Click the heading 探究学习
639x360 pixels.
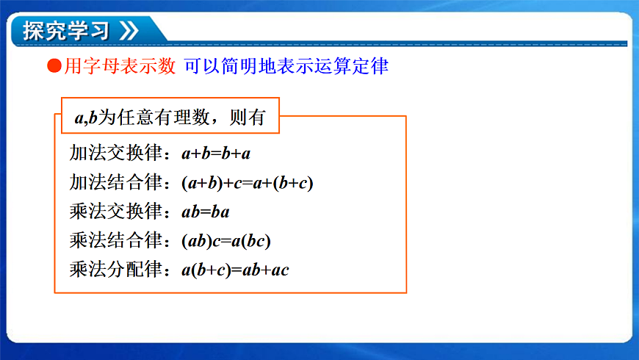pos(66,31)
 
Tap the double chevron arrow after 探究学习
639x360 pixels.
pos(128,31)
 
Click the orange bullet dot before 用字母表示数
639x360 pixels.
pos(53,67)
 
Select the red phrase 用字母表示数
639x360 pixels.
pos(120,67)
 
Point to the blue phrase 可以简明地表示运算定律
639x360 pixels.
pos(286,67)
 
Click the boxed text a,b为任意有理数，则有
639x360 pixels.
pos(170,116)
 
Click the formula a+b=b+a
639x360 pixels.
pos(217,154)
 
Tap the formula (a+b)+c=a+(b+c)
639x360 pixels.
pos(248,183)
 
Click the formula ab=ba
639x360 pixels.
pos(206,212)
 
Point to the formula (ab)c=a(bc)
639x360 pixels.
pos(227,241)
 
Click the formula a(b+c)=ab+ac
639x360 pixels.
pos(236,270)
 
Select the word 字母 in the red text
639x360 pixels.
pos(101,67)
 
